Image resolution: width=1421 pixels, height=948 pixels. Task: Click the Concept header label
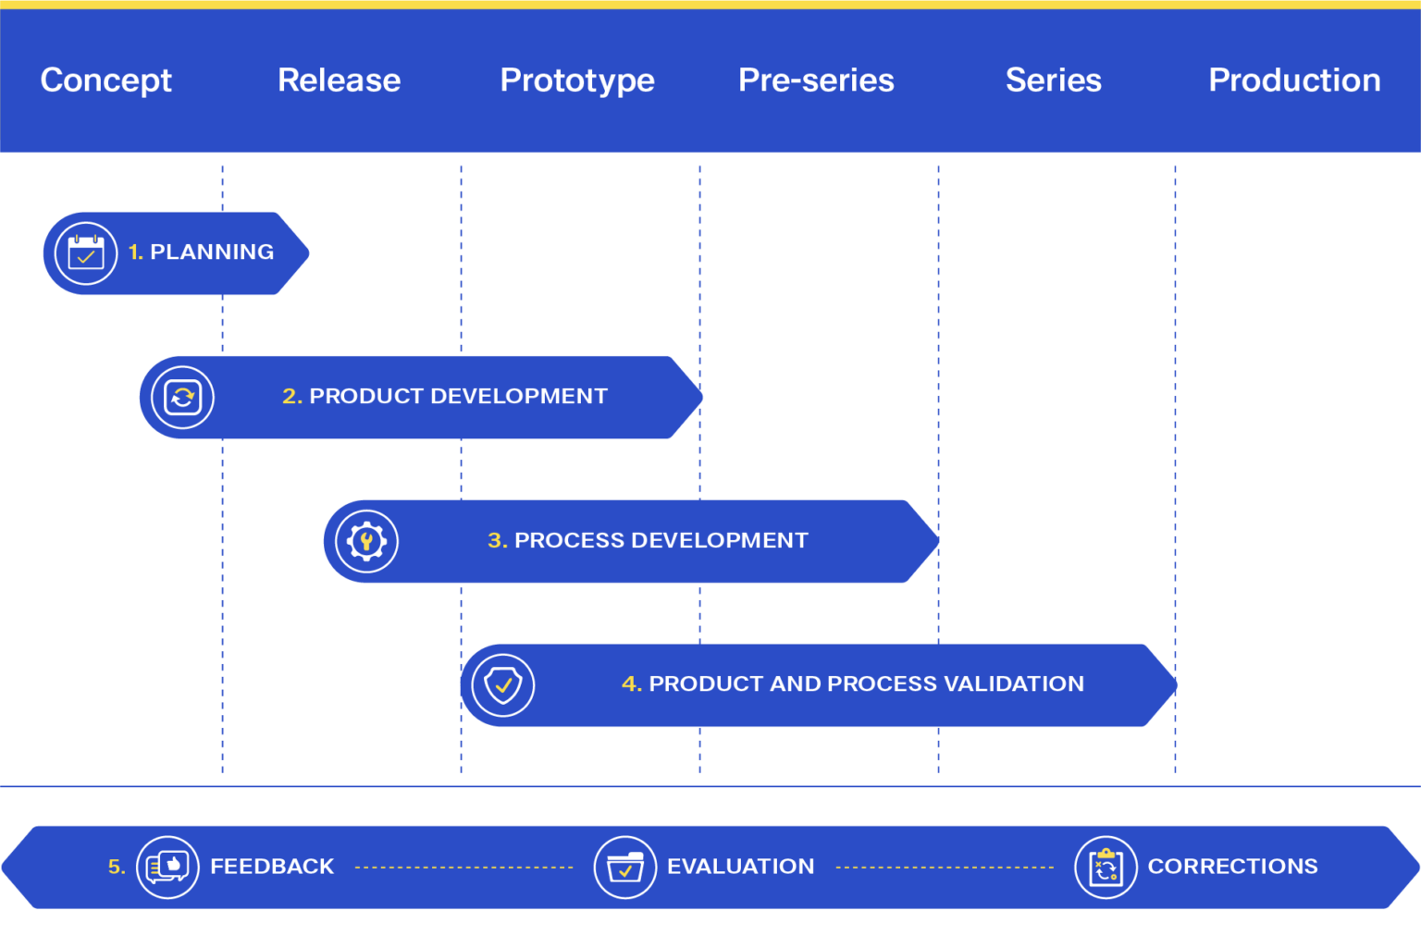click(x=105, y=80)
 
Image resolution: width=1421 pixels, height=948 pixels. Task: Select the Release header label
click(x=339, y=80)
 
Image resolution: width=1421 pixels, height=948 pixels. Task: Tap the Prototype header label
click(x=577, y=80)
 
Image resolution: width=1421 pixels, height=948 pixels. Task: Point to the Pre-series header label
click(x=816, y=80)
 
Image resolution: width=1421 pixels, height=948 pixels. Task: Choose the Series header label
click(x=1053, y=80)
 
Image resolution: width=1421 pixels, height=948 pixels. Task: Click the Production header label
click(x=1294, y=80)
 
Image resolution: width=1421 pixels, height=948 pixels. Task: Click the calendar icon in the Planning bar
click(x=86, y=253)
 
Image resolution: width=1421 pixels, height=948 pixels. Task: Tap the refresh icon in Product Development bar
click(x=183, y=398)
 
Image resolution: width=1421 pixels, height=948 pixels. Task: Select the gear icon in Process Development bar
click(x=366, y=542)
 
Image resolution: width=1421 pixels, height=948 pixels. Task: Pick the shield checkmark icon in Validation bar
click(x=503, y=685)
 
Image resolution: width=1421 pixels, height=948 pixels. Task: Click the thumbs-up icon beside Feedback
click(x=167, y=867)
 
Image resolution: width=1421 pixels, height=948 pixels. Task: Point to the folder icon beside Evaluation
click(x=625, y=868)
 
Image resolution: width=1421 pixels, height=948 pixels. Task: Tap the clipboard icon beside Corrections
click(x=1106, y=868)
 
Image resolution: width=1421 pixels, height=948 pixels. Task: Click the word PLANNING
click(x=212, y=252)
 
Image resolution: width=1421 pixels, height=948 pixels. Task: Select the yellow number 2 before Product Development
click(x=290, y=397)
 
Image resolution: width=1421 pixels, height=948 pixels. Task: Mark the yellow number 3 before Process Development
click(x=496, y=541)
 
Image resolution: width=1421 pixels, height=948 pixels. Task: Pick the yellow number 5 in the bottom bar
click(x=116, y=868)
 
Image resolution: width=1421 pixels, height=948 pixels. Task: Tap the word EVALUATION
click(x=740, y=867)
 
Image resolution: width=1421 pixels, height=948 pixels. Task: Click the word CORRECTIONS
click(x=1232, y=867)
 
